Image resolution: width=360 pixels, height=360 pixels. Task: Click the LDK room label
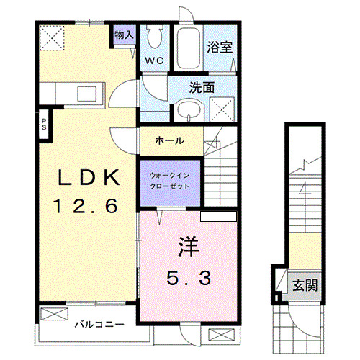(x=84, y=177)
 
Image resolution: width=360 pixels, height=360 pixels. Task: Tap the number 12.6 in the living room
(x=84, y=207)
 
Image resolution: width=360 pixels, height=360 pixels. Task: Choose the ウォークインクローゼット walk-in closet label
(x=170, y=179)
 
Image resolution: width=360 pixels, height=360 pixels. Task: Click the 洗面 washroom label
(x=202, y=87)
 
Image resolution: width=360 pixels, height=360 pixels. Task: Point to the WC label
(x=156, y=60)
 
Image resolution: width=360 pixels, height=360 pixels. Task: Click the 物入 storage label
(x=124, y=34)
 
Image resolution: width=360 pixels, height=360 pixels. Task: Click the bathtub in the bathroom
(x=189, y=48)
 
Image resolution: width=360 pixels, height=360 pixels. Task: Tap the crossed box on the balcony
(x=53, y=314)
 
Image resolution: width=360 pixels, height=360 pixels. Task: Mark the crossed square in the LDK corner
(x=51, y=37)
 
